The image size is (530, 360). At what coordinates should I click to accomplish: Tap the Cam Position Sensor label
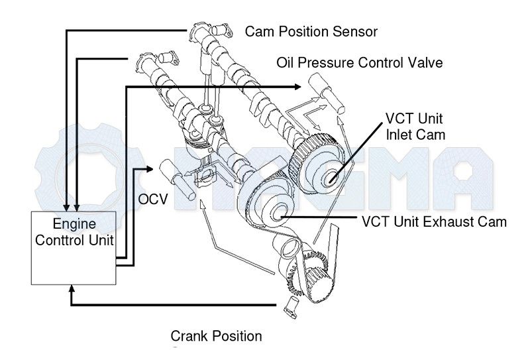311,31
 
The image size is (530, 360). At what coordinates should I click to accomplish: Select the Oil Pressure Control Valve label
359,63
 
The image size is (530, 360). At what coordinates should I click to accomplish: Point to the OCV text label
152,199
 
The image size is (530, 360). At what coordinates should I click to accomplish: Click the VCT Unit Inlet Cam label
415,126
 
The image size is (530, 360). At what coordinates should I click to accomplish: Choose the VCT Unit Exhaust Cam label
435,221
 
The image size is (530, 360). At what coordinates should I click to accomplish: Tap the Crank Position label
216,336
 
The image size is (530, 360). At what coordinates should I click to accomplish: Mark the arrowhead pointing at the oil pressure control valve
297,86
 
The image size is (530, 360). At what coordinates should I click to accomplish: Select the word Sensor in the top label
357,31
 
